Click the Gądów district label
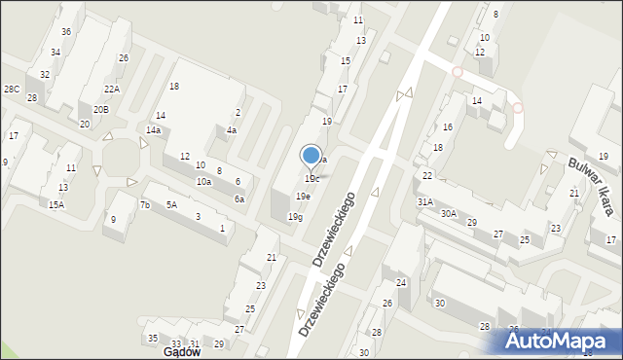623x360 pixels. [181, 352]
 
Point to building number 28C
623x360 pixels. [11, 90]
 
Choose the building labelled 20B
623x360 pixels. [101, 110]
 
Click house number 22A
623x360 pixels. [112, 90]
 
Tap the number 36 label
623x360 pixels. [66, 32]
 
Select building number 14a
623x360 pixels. [153, 129]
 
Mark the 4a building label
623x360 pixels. [232, 130]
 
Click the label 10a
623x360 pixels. [203, 182]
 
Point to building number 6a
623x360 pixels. [238, 198]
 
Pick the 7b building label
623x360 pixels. [144, 205]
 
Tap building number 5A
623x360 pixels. [171, 204]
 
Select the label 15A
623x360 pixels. [56, 204]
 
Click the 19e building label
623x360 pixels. [304, 197]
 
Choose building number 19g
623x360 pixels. [294, 217]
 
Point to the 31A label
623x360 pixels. [425, 201]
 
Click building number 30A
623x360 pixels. [449, 213]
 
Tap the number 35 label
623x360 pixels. [153, 338]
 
